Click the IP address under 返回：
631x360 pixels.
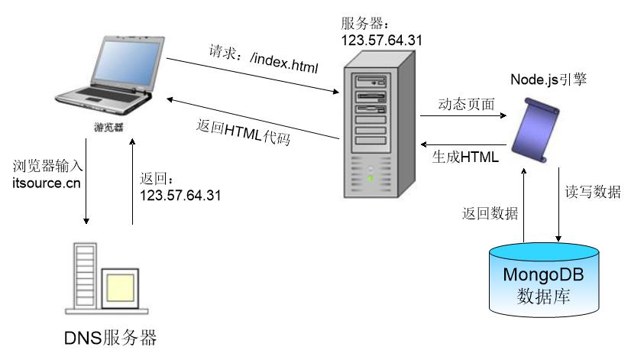click(x=180, y=194)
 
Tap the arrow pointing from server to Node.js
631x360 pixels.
click(x=464, y=117)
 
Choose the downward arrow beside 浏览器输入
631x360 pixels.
click(x=86, y=190)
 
